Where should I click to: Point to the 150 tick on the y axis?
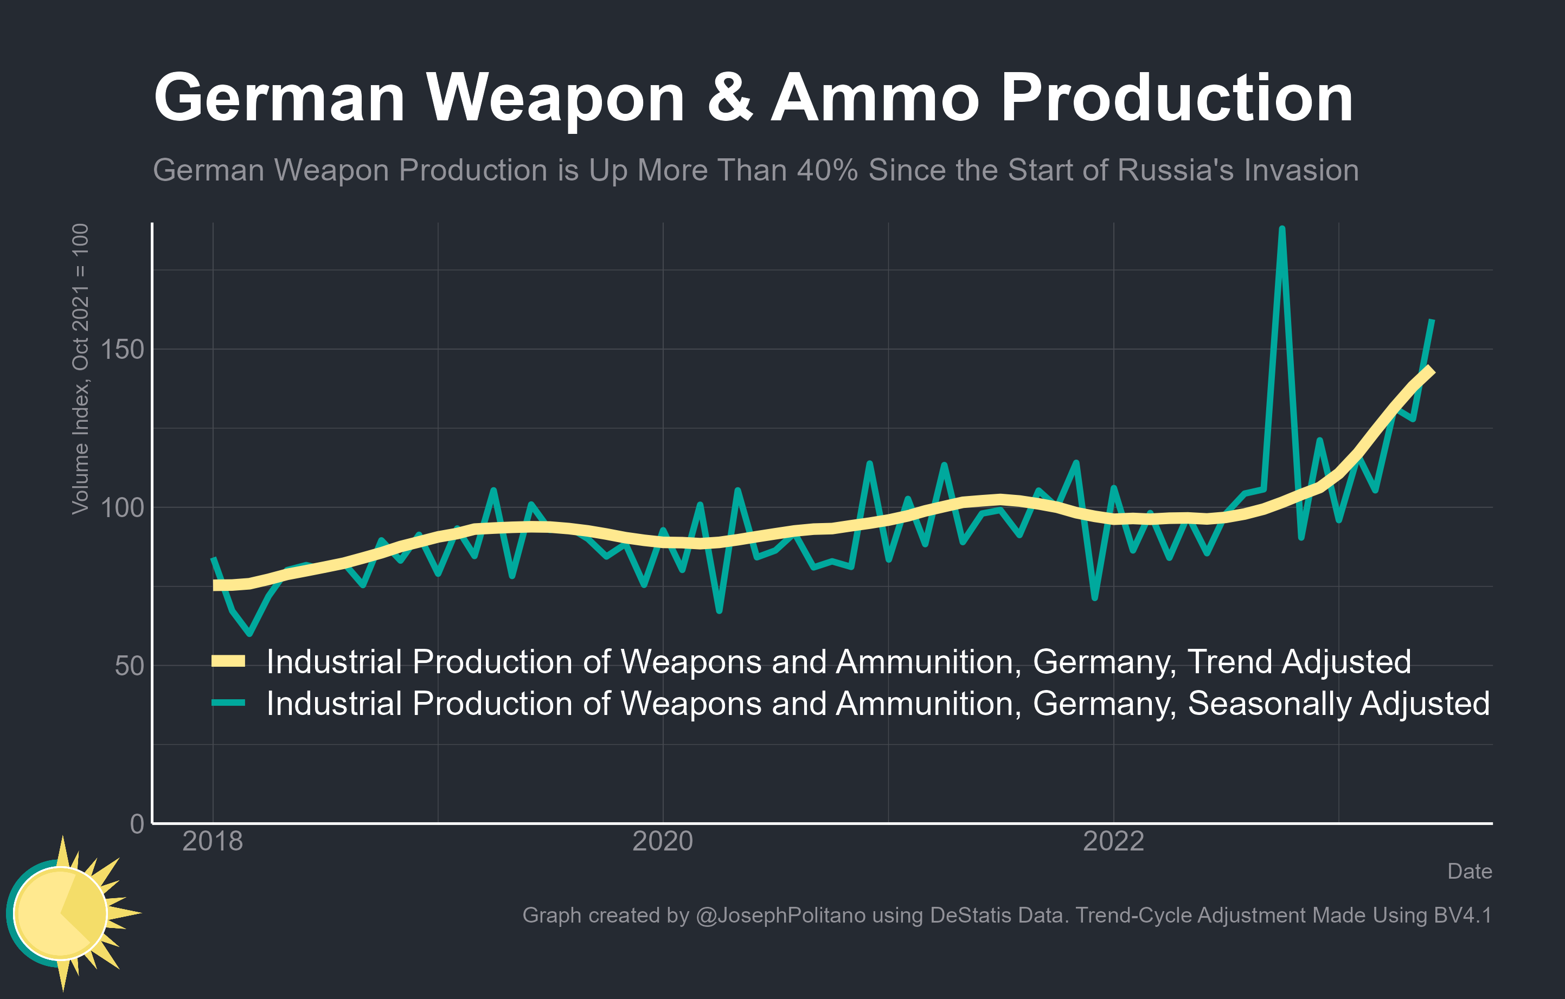point(122,350)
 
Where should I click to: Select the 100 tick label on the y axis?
point(122,508)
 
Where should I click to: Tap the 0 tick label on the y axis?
point(137,823)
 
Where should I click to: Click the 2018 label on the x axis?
point(213,842)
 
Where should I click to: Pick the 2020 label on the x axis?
point(662,842)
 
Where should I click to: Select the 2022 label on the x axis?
point(1113,842)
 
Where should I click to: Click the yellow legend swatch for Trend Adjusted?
point(228,661)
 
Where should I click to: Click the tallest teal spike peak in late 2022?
point(1281,229)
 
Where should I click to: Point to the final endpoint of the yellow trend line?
point(1431,370)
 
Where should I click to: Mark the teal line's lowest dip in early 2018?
point(249,633)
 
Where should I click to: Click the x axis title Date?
point(1469,871)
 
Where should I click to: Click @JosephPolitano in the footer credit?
point(780,915)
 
